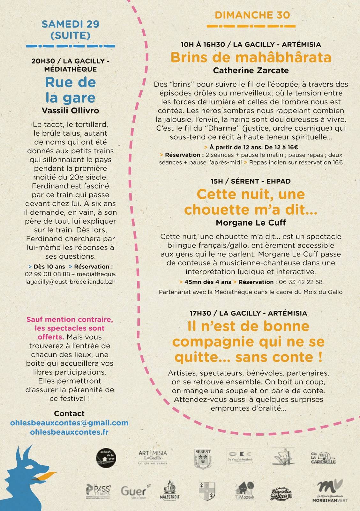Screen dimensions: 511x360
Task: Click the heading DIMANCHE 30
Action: click(252, 15)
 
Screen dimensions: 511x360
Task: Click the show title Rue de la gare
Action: click(71, 90)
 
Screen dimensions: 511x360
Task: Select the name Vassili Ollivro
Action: click(71, 111)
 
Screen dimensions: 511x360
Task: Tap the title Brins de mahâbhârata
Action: click(251, 57)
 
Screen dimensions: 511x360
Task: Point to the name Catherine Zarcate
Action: click(251, 70)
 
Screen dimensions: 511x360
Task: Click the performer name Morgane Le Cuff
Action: click(251, 223)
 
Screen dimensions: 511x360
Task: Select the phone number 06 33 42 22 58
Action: click(301, 282)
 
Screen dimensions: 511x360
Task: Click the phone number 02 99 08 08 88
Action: click(47, 274)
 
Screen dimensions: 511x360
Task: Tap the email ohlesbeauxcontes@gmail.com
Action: click(69, 423)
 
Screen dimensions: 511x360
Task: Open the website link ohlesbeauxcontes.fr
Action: click(69, 432)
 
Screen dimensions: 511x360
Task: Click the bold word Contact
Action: click(69, 414)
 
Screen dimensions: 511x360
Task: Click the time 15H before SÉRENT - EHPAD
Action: click(217, 181)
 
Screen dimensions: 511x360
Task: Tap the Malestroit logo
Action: click(169, 490)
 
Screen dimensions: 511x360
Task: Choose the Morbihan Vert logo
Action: click(330, 491)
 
